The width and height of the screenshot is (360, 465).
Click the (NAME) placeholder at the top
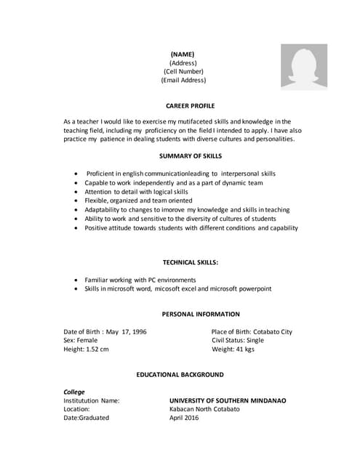coord(183,54)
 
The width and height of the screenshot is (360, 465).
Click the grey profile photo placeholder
coord(304,67)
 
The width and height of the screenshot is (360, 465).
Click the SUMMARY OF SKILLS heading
coord(191,156)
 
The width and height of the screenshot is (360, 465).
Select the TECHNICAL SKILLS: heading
coord(191,262)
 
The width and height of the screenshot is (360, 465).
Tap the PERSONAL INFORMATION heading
coord(201,314)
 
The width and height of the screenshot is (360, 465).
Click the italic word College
coord(74,392)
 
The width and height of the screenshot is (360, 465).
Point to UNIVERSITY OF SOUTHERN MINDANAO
coord(228,400)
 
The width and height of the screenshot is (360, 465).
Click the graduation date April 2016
coord(183,418)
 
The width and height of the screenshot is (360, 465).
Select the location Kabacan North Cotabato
coord(204,409)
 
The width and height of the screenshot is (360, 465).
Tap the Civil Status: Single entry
coord(238,340)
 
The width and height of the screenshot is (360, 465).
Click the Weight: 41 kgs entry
coord(233,349)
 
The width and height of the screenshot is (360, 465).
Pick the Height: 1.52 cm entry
coord(87,349)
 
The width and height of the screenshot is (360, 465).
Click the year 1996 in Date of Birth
coord(138,331)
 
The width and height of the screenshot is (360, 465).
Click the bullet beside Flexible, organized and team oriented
coord(77,201)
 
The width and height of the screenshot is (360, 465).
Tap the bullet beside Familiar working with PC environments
coord(77,280)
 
